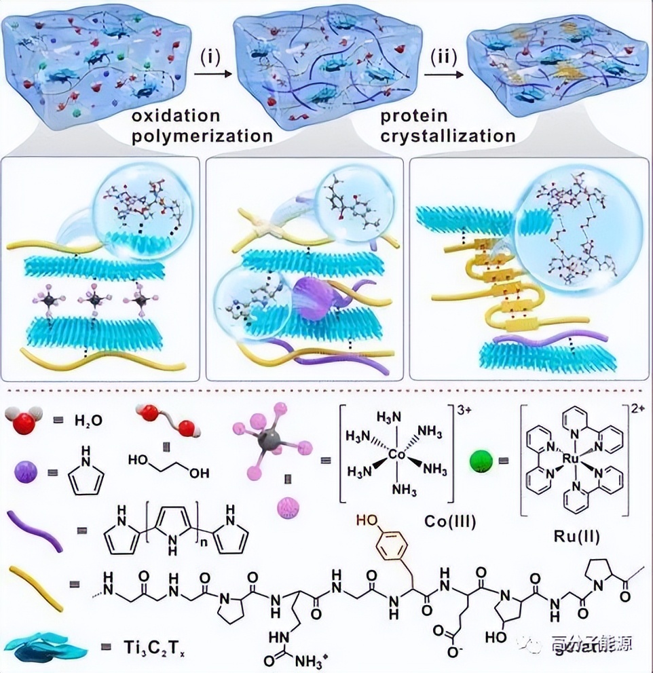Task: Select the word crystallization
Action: coord(448,136)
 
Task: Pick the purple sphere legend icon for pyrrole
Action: coord(27,471)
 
